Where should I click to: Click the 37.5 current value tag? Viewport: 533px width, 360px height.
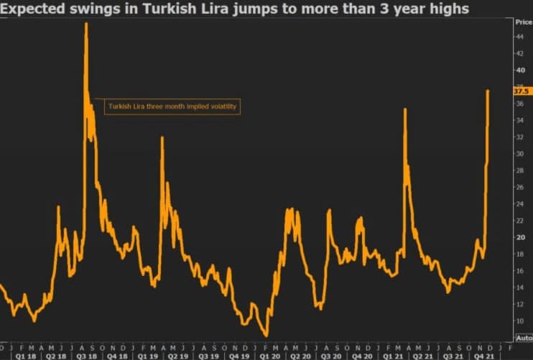click(522, 91)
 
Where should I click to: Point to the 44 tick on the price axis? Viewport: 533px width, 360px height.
click(519, 53)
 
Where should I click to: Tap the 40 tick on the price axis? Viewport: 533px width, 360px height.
click(519, 70)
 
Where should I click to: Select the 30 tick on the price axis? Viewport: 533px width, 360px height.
click(519, 154)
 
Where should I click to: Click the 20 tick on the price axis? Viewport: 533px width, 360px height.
click(519, 238)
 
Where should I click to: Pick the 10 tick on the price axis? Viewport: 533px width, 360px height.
click(519, 321)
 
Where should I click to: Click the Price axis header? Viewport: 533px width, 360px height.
click(523, 22)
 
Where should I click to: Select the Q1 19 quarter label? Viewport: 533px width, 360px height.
click(147, 355)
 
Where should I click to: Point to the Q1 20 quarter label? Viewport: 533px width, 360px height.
click(270, 355)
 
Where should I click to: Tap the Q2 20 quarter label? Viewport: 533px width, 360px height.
click(300, 355)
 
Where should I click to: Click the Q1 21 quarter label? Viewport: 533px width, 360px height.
click(392, 355)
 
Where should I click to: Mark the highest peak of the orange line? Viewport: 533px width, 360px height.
click(86, 24)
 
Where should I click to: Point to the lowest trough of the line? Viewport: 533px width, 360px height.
click(266, 336)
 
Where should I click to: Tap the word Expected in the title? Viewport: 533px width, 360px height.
click(33, 9)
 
